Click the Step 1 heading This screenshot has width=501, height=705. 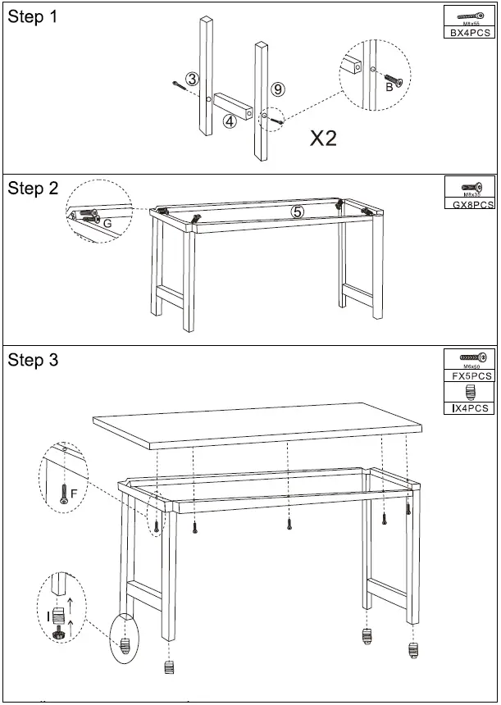click(x=33, y=18)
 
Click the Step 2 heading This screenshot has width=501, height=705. click(x=33, y=189)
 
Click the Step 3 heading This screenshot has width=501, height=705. click(x=33, y=360)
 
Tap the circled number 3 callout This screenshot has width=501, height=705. click(x=192, y=79)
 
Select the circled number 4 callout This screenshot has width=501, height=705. click(x=230, y=121)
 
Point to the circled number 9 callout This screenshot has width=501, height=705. click(x=278, y=89)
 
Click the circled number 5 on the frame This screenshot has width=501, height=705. click(x=298, y=211)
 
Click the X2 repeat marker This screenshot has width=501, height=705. click(x=324, y=139)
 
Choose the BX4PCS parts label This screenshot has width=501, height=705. click(x=469, y=34)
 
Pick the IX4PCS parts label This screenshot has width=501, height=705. click(x=469, y=407)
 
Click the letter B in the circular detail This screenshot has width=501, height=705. click(x=389, y=88)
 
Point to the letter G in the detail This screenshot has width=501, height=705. click(x=107, y=223)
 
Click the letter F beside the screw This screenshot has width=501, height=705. click(x=74, y=493)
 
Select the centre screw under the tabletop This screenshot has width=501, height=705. click(x=289, y=523)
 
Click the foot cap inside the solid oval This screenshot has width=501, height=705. click(x=125, y=645)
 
